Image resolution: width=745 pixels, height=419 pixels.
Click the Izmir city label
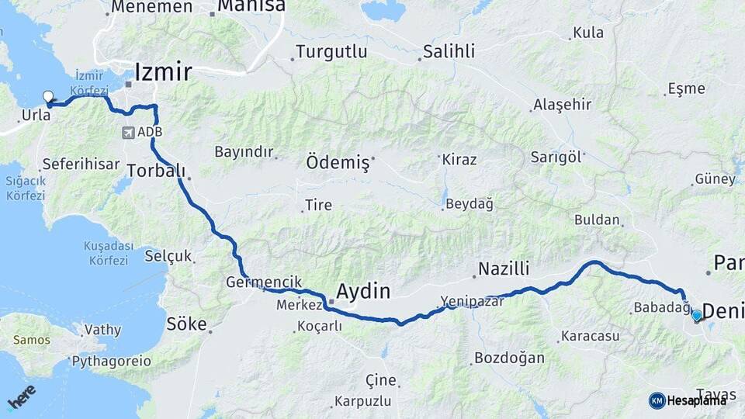click(x=163, y=72)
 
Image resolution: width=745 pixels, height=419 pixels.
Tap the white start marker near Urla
click(x=48, y=98)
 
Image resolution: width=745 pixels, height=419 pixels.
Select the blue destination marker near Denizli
click(x=696, y=315)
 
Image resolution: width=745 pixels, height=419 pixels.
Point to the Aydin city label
click(x=362, y=291)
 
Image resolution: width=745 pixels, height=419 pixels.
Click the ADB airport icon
click(x=127, y=132)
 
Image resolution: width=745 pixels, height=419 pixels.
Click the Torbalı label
click(x=155, y=170)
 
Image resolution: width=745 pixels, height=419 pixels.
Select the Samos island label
click(x=31, y=340)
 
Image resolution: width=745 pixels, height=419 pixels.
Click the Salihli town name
click(x=449, y=53)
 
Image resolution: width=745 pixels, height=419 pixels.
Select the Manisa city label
click(x=251, y=7)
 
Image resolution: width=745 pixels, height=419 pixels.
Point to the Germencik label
click(x=265, y=282)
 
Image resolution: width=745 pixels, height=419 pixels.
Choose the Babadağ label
click(x=661, y=308)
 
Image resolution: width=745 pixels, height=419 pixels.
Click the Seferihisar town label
click(x=81, y=164)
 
